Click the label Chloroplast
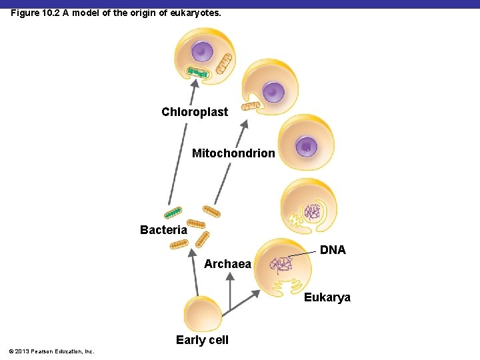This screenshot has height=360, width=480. coord(195,112)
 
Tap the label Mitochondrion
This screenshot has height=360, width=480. coord(233,153)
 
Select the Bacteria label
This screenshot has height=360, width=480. coord(163,230)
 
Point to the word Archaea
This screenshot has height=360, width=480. coord(227,264)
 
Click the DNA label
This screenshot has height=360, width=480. coord(333,250)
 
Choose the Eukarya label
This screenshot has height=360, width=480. coord(327,297)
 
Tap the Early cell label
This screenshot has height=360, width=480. coord(202,340)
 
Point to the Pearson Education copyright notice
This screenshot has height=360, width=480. coord(51,351)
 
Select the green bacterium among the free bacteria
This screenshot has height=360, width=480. coord(173,213)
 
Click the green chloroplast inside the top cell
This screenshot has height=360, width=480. coord(197,71)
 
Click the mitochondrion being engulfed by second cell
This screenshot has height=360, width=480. coord(252,105)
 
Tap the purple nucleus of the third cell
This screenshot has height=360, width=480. coord(306,146)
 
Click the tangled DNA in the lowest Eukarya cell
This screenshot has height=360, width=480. coord(280,265)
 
